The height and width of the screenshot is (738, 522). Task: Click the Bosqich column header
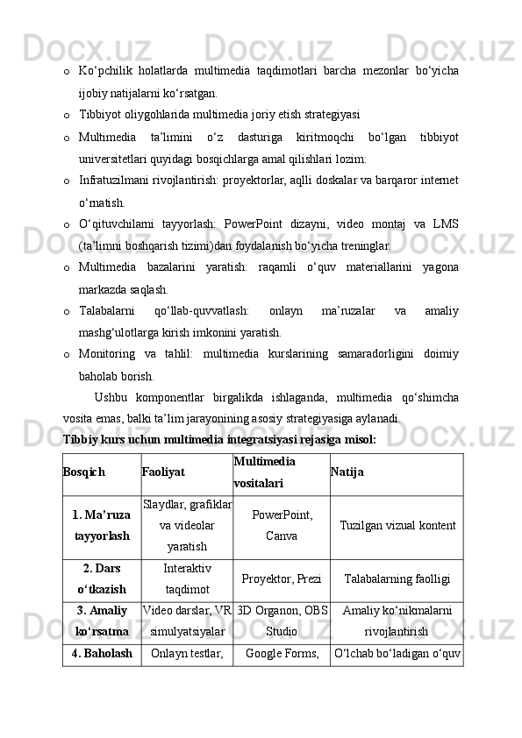[84, 472]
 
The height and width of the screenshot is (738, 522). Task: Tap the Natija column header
[347, 472]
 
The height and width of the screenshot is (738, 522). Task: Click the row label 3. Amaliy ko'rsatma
[102, 621]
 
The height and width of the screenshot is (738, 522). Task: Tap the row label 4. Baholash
[103, 653]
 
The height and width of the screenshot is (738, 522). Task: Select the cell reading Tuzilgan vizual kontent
[397, 524]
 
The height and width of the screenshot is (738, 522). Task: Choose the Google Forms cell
[282, 653]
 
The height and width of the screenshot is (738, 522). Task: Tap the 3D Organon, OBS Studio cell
[282, 621]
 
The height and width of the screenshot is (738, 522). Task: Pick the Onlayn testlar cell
[187, 653]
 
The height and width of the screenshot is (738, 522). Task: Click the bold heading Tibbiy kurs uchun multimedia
[219, 438]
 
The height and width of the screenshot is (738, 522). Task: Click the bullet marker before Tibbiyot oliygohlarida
[68, 115]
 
